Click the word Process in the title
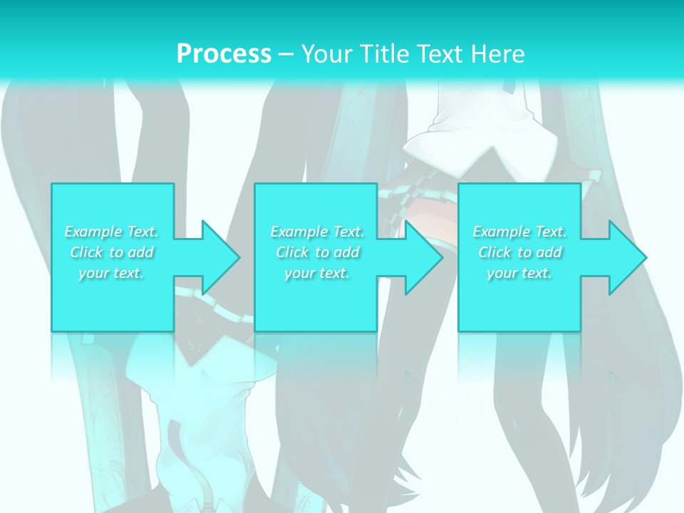(x=224, y=53)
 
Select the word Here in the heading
(x=498, y=53)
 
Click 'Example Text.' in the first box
(x=112, y=232)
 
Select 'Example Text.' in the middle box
(x=317, y=232)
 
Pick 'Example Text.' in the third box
(x=519, y=232)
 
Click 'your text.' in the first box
(x=112, y=273)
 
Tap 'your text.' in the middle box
(x=317, y=273)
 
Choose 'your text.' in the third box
(x=519, y=273)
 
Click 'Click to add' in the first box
(x=112, y=252)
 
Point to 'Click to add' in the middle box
(x=317, y=252)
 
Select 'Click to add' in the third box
(x=519, y=252)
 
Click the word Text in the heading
(x=441, y=53)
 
